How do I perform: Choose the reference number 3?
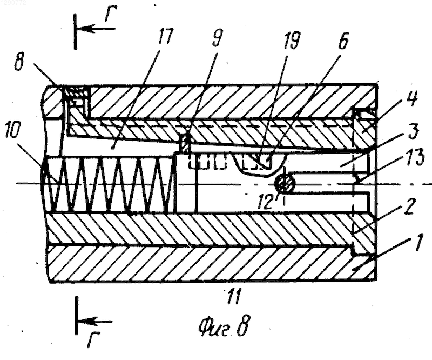pyautogui.click(x=413, y=133)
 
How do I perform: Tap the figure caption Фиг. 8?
pyautogui.click(x=224, y=327)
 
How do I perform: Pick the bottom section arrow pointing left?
pyautogui.click(x=95, y=322)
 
